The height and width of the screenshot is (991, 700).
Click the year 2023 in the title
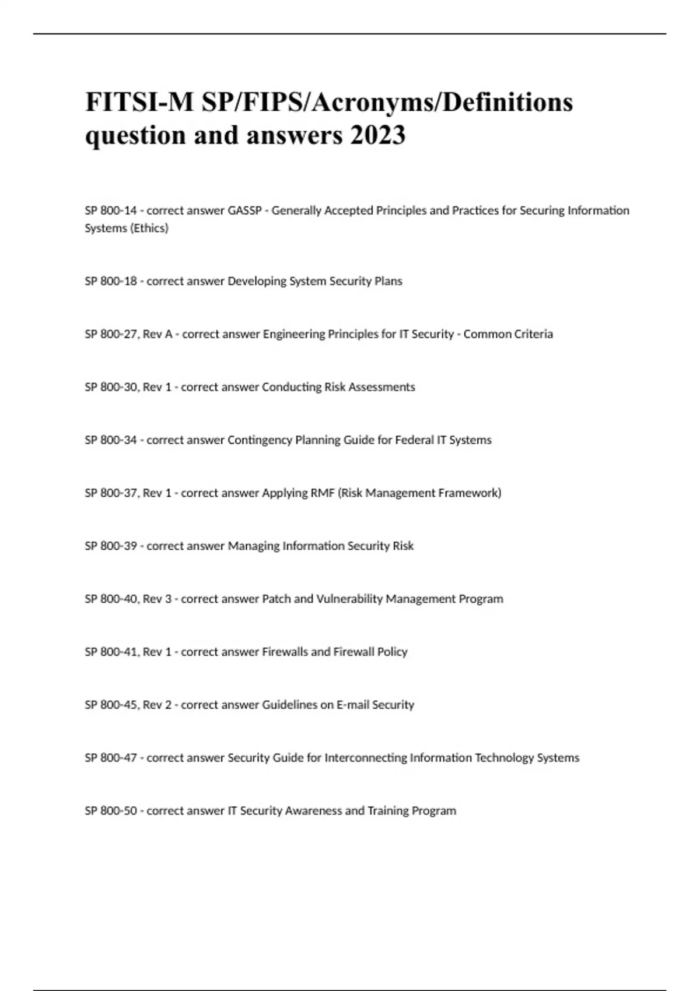point(377,135)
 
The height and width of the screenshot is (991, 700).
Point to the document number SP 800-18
point(111,281)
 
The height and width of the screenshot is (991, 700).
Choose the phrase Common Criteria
point(508,334)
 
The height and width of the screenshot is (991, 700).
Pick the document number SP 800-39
point(111,546)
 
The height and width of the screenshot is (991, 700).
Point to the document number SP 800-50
point(111,811)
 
